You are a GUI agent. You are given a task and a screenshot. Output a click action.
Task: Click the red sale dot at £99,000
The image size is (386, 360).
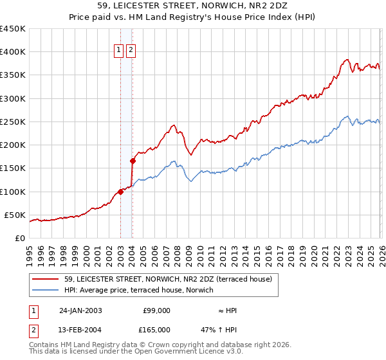coord(120,192)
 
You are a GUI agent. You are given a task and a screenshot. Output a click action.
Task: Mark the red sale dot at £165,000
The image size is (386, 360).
coord(133,161)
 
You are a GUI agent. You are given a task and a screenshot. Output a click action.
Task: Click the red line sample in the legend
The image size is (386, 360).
coord(46,279)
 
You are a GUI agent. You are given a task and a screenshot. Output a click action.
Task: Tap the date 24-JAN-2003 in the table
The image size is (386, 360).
coord(80,310)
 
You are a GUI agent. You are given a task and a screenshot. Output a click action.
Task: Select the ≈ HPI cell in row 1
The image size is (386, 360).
coord(228,310)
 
